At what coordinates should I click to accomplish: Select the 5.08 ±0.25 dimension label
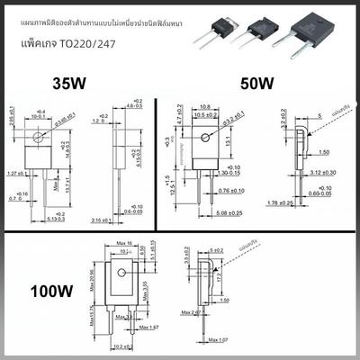click(209, 213)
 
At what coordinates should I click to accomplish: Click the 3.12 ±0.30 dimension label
click(325, 172)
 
